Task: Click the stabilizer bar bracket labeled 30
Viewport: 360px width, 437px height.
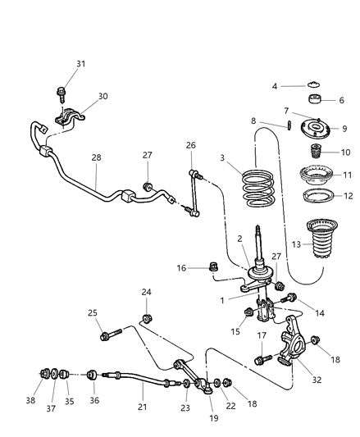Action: pos(68,120)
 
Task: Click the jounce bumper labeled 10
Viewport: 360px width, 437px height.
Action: pos(312,153)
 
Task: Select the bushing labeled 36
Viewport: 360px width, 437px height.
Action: pos(93,376)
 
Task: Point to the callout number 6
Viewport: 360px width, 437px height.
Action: pos(343,100)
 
